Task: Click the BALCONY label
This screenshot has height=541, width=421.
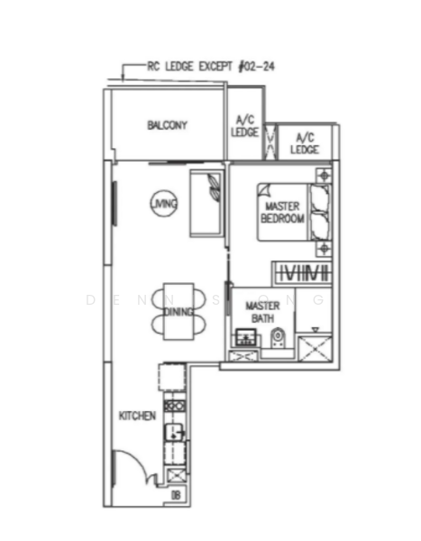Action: point(167,125)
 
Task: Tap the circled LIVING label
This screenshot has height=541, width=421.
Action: point(164,205)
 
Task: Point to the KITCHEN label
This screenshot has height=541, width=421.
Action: point(138,416)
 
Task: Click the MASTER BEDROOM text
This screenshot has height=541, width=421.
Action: point(282,213)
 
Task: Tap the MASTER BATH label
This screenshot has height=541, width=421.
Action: point(262,312)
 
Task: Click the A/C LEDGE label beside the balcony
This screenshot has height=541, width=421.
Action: point(244,126)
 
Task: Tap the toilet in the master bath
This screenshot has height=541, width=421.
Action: point(278,340)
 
